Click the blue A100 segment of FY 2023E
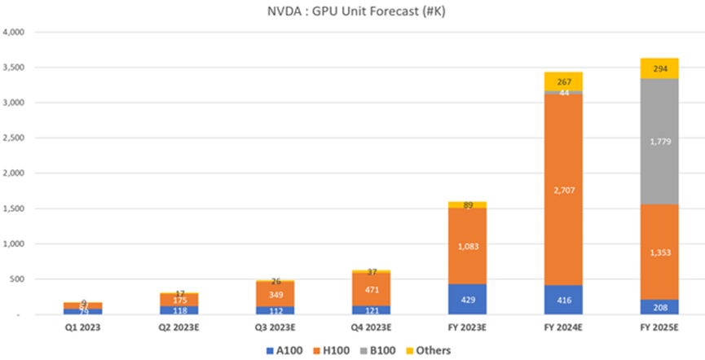[467, 299]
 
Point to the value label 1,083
[467, 246]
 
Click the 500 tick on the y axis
[21, 279]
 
